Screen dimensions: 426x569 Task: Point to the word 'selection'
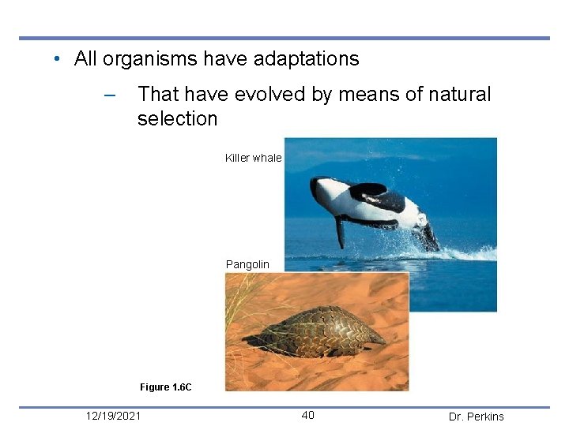(177, 119)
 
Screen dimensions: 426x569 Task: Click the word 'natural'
(458, 95)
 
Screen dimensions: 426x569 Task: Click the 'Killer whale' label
(253, 158)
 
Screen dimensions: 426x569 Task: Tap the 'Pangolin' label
(247, 264)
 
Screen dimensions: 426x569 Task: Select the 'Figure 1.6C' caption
(165, 387)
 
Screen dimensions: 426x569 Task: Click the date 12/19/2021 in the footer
(114, 416)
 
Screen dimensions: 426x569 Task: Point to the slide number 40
(307, 416)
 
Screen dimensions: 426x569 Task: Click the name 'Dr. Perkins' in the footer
(476, 417)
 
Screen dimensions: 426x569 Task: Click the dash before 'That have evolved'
(110, 95)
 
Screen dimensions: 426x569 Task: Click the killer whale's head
(324, 189)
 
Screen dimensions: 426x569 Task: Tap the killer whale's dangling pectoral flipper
(340, 230)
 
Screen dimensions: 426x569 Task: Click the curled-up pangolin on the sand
(316, 331)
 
